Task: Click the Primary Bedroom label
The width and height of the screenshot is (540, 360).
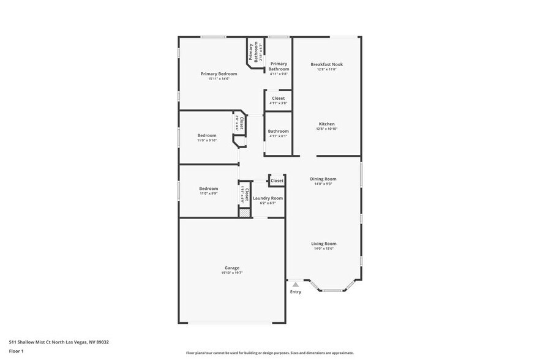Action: pos(219,73)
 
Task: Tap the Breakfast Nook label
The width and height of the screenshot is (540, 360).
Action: pos(326,64)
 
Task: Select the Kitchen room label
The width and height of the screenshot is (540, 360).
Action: pos(326,124)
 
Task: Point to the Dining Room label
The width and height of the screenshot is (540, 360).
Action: pos(323,179)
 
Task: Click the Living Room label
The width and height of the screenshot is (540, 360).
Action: pos(323,244)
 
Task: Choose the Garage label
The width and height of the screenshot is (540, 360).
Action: pos(231,268)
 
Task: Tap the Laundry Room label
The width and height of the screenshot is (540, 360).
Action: pos(268,198)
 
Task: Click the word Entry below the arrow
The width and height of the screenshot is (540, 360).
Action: pos(296,292)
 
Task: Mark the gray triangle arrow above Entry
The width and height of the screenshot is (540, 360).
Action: pos(296,285)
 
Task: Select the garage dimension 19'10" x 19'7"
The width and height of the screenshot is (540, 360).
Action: pos(231,273)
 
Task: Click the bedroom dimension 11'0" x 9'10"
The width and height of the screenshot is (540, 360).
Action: pos(207,141)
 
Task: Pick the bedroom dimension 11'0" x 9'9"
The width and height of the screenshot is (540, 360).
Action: pos(208,193)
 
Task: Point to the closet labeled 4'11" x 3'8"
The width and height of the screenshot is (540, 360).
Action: pos(278,103)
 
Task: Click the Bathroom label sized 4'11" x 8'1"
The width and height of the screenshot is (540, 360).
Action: pos(278,131)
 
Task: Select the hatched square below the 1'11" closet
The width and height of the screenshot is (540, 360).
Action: pos(244,213)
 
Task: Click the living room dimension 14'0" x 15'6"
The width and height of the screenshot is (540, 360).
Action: pos(323,249)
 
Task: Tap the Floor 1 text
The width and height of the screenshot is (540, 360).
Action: pos(16,351)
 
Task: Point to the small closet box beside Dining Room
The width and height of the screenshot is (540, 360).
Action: pos(277,181)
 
